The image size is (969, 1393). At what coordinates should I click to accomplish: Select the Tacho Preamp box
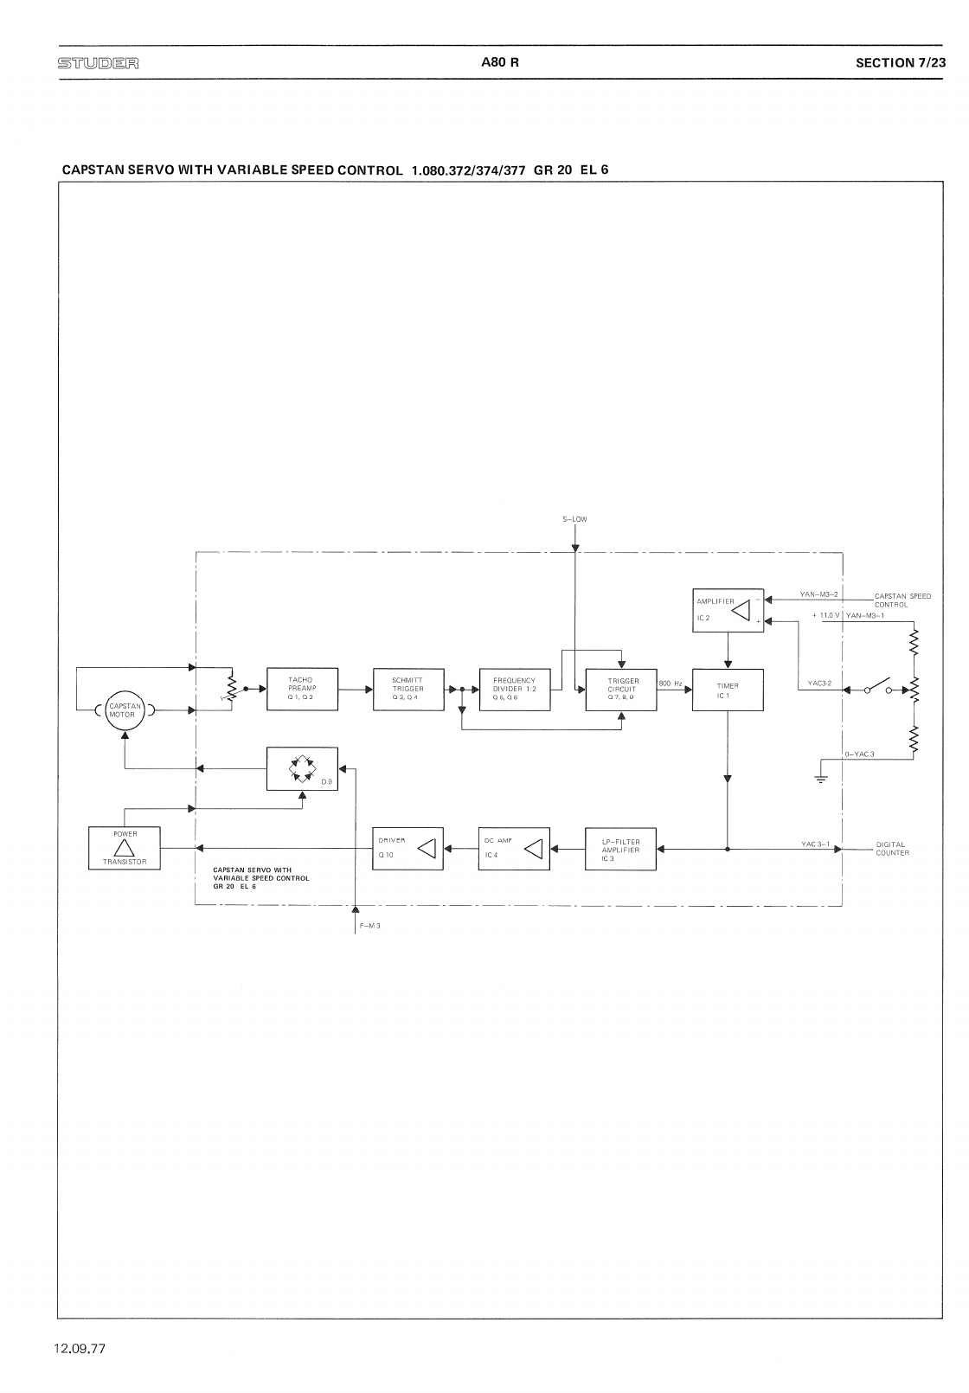tap(302, 689)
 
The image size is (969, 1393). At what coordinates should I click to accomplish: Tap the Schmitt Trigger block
tap(408, 689)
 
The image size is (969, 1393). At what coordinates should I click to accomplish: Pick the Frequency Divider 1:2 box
tap(515, 689)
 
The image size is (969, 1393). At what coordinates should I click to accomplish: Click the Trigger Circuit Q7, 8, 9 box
tap(621, 690)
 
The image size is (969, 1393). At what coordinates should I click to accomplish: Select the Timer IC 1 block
tap(728, 690)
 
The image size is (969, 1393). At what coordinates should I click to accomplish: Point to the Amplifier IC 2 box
tap(728, 610)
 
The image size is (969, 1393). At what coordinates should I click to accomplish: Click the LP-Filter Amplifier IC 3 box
tap(621, 849)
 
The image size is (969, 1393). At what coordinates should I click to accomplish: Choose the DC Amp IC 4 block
tap(514, 849)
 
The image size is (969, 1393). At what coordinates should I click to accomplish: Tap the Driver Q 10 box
tap(407, 849)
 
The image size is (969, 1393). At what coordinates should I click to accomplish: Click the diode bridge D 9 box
tap(302, 768)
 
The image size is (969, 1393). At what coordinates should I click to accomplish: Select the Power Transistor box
tap(125, 848)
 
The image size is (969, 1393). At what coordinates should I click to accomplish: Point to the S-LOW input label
tap(574, 519)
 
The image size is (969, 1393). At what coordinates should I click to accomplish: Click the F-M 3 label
tap(370, 926)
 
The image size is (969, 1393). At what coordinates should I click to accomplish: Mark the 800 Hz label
tap(671, 684)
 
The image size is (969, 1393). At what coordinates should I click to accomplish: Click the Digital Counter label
tap(892, 849)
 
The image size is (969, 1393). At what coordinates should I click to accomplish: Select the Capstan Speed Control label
tap(902, 600)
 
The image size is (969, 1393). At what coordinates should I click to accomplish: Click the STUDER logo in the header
tap(98, 63)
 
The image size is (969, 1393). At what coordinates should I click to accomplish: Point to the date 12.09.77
tap(79, 1348)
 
